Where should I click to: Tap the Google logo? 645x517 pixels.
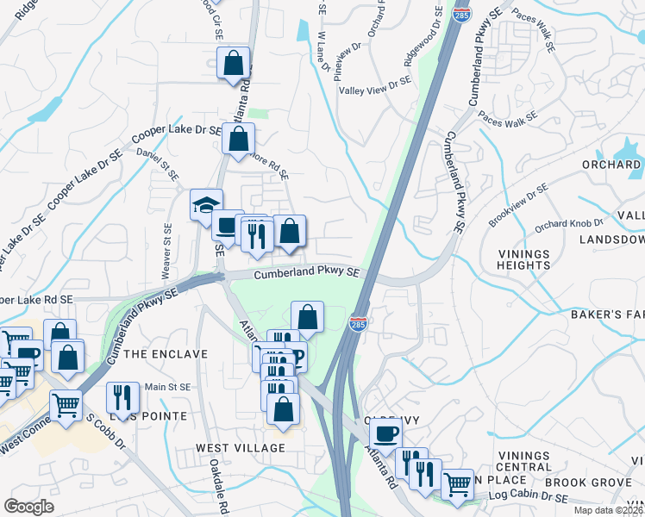pyautogui.click(x=29, y=506)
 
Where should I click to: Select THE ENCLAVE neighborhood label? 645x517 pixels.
pyautogui.click(x=166, y=354)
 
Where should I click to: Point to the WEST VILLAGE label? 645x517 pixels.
pyautogui.click(x=240, y=448)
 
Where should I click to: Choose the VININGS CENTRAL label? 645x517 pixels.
pyautogui.click(x=523, y=461)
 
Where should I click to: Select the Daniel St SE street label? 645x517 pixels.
pyautogui.click(x=159, y=165)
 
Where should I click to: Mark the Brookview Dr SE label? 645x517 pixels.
pyautogui.click(x=517, y=204)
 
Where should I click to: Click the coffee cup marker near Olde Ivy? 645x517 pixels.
pyautogui.click(x=385, y=433)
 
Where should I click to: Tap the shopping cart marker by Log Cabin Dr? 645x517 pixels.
pyautogui.click(x=457, y=483)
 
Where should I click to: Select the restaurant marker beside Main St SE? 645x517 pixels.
pyautogui.click(x=122, y=396)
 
